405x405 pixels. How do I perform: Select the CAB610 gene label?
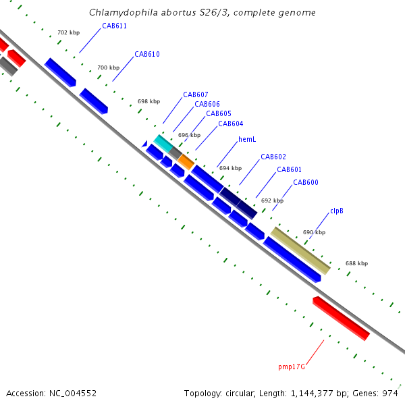coord(146,54)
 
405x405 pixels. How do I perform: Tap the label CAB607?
coord(195,94)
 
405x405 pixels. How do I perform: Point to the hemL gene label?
coord(247,140)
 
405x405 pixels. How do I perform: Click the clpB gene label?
coord(337,211)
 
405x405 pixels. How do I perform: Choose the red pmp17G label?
coord(292,367)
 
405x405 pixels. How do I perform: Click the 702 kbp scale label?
coord(68,32)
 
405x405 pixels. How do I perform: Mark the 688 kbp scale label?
coord(356,263)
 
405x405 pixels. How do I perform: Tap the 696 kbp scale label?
coord(189,135)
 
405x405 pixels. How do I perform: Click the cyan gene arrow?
coord(163,143)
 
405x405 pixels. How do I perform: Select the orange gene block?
coord(186,161)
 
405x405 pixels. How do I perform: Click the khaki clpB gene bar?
coord(301,250)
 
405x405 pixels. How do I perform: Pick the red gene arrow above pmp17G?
coord(341,318)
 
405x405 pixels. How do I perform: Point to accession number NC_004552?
coord(72,392)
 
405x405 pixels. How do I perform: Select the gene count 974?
coord(389,392)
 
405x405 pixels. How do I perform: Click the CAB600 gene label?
coord(305,183)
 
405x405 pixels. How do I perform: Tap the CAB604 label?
coord(230,124)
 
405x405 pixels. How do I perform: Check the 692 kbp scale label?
coord(272,200)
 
